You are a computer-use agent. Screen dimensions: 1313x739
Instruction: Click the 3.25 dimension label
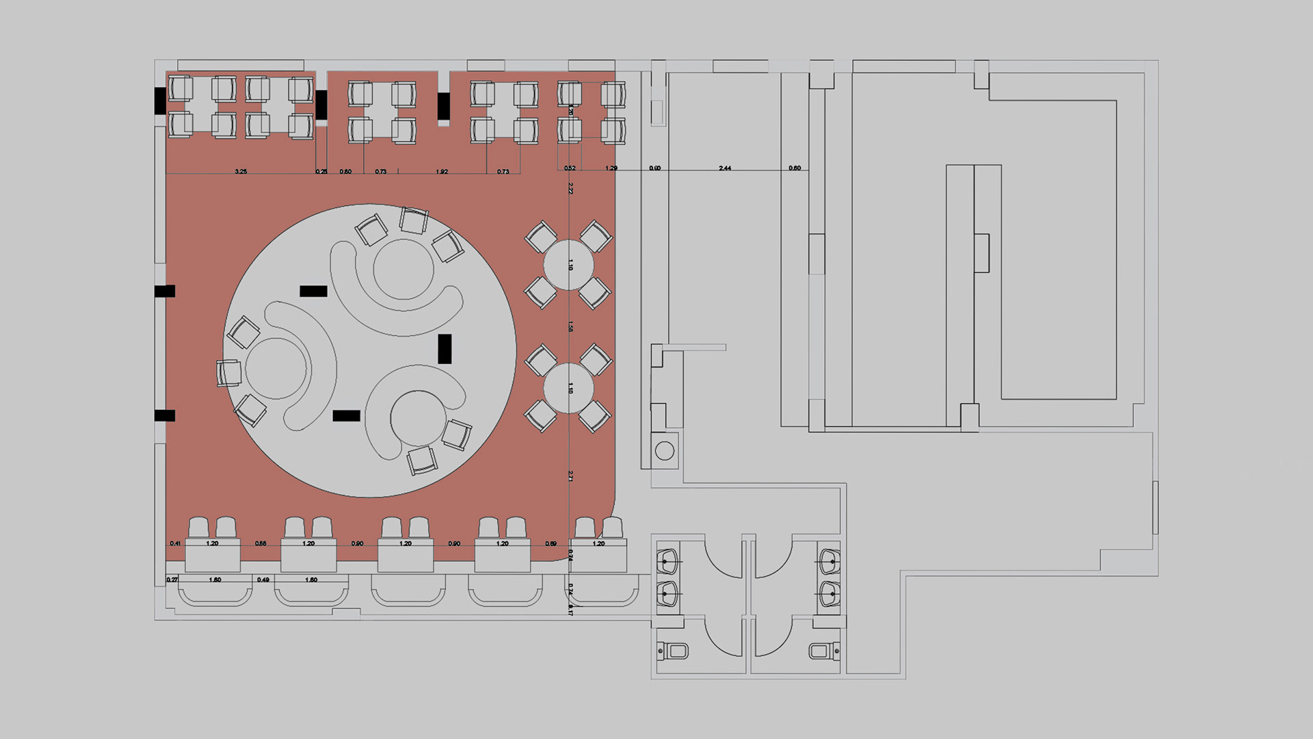click(241, 171)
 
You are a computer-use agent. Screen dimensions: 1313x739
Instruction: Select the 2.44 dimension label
click(725, 168)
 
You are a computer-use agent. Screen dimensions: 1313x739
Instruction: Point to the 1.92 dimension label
click(442, 171)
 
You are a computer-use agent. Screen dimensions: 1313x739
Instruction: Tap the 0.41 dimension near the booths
click(175, 543)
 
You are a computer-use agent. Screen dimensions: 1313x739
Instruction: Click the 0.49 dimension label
click(263, 580)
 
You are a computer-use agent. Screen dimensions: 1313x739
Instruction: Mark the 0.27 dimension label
click(172, 580)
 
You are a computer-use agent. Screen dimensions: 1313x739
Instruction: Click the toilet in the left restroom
click(674, 650)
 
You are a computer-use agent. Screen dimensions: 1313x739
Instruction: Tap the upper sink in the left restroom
click(667, 561)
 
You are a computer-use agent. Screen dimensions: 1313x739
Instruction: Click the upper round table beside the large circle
click(568, 265)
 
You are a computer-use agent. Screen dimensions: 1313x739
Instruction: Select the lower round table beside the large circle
click(568, 388)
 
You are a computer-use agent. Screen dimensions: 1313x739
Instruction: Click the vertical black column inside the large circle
click(445, 348)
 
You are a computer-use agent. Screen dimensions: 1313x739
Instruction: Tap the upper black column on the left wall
click(165, 291)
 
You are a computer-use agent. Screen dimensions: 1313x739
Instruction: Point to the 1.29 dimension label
click(611, 168)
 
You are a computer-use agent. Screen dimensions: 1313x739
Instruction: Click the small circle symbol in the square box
click(664, 450)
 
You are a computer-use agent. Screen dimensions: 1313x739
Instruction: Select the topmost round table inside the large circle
click(403, 269)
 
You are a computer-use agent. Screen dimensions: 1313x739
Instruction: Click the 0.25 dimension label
click(321, 171)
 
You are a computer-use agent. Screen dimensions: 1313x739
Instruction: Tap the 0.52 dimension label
click(570, 168)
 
